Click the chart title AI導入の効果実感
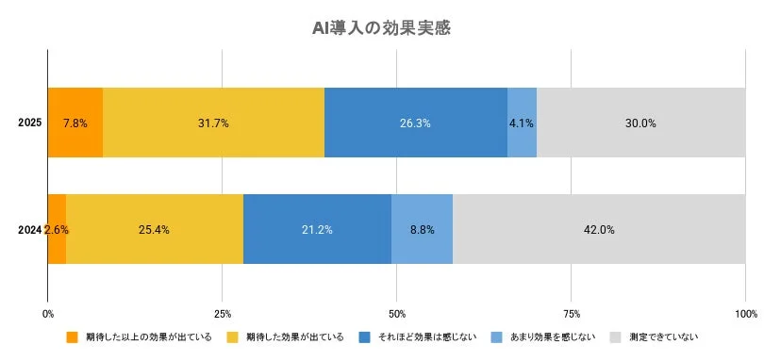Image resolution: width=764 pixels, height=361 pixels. pyautogui.click(x=381, y=27)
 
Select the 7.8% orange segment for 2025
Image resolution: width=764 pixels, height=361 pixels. pyautogui.click(x=75, y=123)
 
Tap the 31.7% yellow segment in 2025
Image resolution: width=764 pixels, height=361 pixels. pyautogui.click(x=213, y=123)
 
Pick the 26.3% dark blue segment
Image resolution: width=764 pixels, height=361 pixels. pyautogui.click(x=415, y=123)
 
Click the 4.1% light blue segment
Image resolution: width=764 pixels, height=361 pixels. pyautogui.click(x=522, y=123)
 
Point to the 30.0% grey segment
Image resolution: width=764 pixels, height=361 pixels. pyautogui.click(x=640, y=123)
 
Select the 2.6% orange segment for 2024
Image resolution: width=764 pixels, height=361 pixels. pyautogui.click(x=57, y=229)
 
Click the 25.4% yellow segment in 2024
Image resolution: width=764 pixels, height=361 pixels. pyautogui.click(x=155, y=229)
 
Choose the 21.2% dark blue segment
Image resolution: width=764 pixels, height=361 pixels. pyautogui.click(x=317, y=229)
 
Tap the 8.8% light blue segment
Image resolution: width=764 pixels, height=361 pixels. pyautogui.click(x=422, y=229)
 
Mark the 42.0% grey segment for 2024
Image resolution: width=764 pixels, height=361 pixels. pyautogui.click(x=599, y=229)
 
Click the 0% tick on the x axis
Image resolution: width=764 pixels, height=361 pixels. pyautogui.click(x=48, y=313)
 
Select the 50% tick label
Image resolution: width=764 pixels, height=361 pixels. pyautogui.click(x=397, y=313)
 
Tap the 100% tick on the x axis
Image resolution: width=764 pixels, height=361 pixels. pyautogui.click(x=744, y=313)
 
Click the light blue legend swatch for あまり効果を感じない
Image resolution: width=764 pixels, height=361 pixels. pyautogui.click(x=497, y=336)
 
